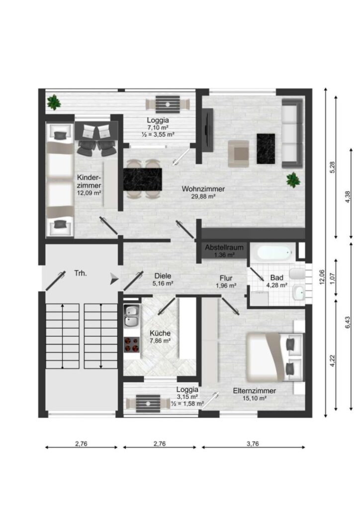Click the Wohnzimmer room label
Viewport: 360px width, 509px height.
pos(203,189)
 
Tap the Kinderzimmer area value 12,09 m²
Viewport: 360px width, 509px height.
pos(89,193)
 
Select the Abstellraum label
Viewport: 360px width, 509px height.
pos(224,248)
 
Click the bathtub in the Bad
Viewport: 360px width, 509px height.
pos(273,253)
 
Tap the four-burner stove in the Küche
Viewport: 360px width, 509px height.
pos(132,345)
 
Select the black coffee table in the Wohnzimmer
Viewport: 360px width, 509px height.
pos(266,149)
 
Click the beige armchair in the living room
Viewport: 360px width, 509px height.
pos(238,154)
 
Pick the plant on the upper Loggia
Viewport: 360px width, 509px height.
pos(54,102)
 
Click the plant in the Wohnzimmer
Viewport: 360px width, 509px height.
pos(293,180)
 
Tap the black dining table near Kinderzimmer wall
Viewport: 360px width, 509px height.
pos(143,179)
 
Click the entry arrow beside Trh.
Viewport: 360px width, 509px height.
pos(114,278)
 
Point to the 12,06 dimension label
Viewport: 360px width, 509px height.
pos(322,277)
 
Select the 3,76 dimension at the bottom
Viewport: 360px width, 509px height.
pos(253,443)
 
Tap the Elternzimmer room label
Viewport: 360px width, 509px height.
pos(255,391)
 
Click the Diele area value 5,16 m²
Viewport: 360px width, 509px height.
pos(163,283)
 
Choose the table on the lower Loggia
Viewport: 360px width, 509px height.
pos(148,404)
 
